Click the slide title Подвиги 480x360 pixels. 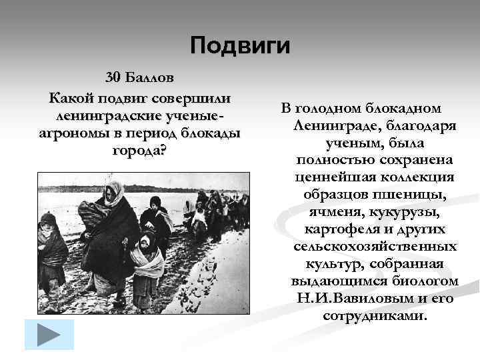[240, 45]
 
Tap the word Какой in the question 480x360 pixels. [71, 97]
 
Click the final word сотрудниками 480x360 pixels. [375, 315]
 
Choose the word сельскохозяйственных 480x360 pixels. [375, 247]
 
